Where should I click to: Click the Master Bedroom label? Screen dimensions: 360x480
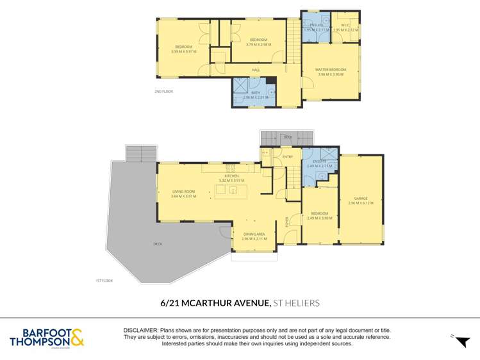(330, 69)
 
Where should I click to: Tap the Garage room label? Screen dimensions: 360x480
(360, 199)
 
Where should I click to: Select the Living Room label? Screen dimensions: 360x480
(183, 192)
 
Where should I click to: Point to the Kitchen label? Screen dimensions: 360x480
(231, 176)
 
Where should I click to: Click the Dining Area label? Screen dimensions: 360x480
(254, 234)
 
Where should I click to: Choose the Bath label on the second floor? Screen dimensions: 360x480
(256, 93)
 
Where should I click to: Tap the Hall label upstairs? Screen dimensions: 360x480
(256, 70)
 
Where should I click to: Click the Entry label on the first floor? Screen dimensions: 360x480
(287, 157)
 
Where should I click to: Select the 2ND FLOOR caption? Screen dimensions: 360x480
(163, 92)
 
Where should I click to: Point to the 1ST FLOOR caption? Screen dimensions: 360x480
(104, 280)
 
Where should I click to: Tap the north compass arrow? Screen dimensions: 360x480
(461, 341)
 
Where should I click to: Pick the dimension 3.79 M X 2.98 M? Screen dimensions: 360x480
(258, 44)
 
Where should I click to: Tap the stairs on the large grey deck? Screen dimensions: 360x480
(141, 153)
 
